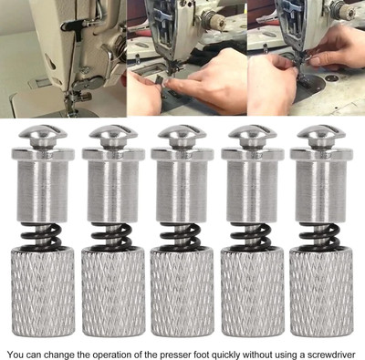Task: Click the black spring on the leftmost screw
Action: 41,235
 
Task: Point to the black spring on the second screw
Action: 111,235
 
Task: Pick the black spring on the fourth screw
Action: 251,235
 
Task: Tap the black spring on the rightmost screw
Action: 320,235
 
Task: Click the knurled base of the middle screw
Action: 182,292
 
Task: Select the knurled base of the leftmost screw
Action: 43,292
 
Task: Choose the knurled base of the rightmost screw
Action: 321,292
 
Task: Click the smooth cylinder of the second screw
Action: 113,185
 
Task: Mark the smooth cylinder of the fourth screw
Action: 253,185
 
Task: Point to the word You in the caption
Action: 16,355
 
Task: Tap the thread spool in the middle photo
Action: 214,19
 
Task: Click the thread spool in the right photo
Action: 348,10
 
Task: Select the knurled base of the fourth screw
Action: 253,292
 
